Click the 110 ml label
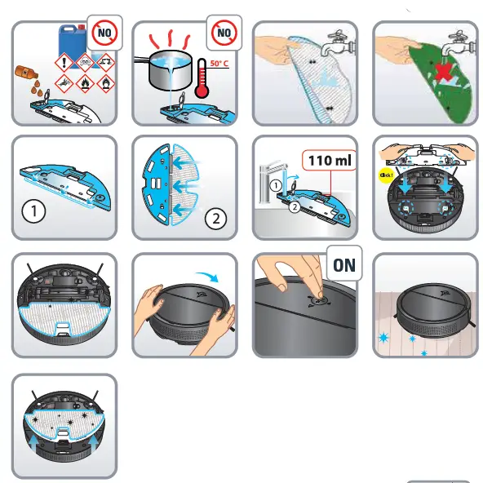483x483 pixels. coord(330,161)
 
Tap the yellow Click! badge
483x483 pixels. coord(386,173)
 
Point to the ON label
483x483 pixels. coord(343,265)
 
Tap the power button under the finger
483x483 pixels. coord(313,299)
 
